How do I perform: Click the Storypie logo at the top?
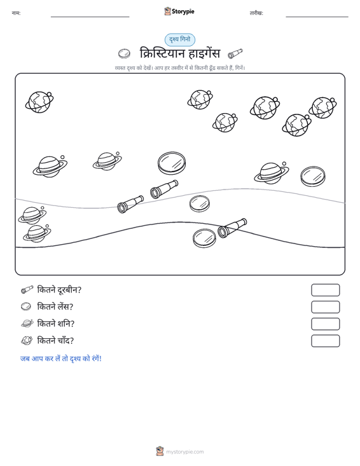(x=179, y=11)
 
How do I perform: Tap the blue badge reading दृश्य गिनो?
(x=180, y=40)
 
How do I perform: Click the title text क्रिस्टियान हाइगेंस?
(x=180, y=53)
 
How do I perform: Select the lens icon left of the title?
(x=124, y=54)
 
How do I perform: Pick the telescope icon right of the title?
(x=235, y=54)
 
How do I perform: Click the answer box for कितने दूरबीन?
(x=325, y=290)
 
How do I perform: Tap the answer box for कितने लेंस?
(x=325, y=307)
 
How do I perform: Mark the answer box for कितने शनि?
(x=325, y=324)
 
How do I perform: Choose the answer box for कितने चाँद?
(x=325, y=341)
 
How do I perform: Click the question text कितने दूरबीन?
(x=59, y=290)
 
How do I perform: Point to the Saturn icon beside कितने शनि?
(x=27, y=324)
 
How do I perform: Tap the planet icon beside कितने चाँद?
(x=27, y=340)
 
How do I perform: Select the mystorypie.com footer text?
(x=184, y=452)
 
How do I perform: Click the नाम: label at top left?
(x=16, y=13)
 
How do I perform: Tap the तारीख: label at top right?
(x=256, y=13)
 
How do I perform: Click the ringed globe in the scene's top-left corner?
(x=39, y=102)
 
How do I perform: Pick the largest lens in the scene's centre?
(x=172, y=163)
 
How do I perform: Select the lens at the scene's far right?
(x=313, y=177)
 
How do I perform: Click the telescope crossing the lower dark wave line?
(x=232, y=228)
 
